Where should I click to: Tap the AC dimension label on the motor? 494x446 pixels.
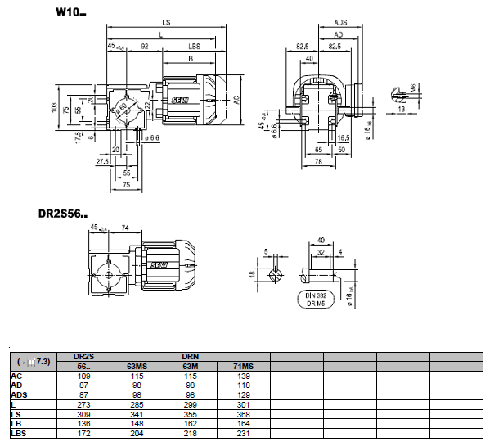[x=236, y=99]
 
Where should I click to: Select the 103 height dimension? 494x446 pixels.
[x=55, y=107]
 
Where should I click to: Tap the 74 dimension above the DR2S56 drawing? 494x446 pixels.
[x=125, y=227]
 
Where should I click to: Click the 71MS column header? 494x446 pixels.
[x=243, y=366]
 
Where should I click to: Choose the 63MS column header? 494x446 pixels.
[x=135, y=366]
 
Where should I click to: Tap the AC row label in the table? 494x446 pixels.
[x=16, y=376]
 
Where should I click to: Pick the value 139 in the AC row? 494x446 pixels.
[x=243, y=376]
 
